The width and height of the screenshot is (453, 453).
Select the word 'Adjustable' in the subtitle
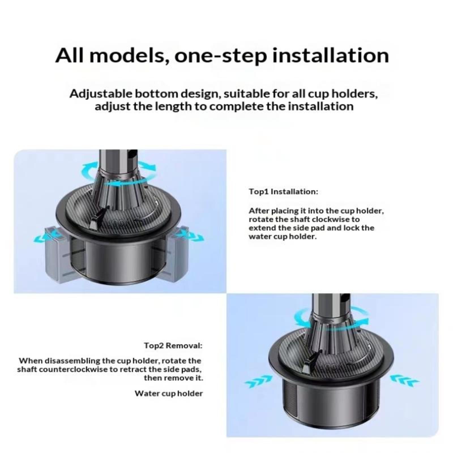[x=101, y=94]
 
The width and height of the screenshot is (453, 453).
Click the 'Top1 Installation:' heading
[x=283, y=192]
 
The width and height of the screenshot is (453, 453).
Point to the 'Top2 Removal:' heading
[x=173, y=346]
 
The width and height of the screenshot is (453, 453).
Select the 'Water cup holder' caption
[x=169, y=394]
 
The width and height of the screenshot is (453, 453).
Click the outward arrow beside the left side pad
[x=45, y=237]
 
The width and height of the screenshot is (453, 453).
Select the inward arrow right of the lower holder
[x=405, y=381]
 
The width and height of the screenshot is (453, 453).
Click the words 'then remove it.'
[x=174, y=378]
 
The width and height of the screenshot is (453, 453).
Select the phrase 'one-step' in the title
[x=221, y=56]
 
